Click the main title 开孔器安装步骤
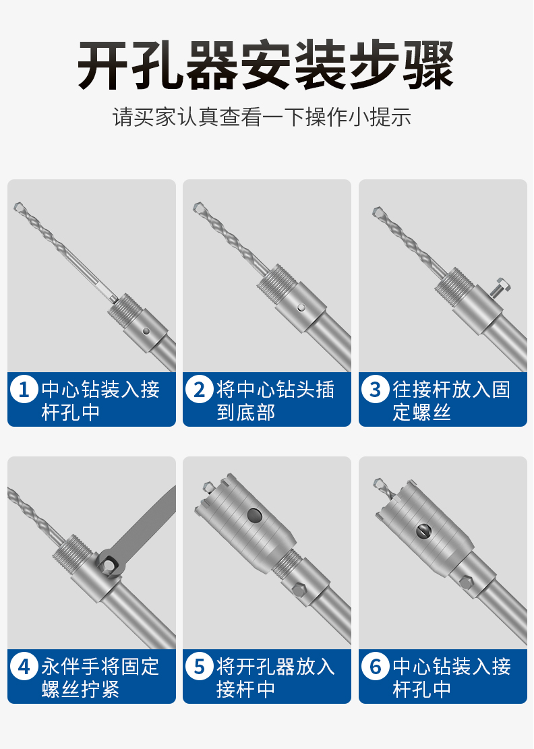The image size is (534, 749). coord(266,65)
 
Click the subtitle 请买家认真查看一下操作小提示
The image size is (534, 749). coord(262,117)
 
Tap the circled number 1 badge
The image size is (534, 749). coord(24,389)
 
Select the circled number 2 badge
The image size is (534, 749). coord(199,389)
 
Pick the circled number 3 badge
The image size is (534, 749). coord(376,389)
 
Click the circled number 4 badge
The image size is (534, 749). coord(24,666)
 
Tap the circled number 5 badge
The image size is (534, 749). coord(199,666)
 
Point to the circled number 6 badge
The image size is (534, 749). coord(376,666)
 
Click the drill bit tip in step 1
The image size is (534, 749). coord(18,206)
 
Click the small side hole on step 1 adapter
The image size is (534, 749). coord(146,331)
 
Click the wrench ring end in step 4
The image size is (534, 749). coord(109,564)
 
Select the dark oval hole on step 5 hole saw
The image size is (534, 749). coord(255,516)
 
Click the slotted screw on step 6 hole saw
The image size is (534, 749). coord(423,531)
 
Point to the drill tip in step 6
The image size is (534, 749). coord(378,483)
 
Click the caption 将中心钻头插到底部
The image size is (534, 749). coord(276,400)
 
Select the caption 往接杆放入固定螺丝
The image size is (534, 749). coord(451,400)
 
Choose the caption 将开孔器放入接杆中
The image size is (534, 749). coord(276,678)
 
